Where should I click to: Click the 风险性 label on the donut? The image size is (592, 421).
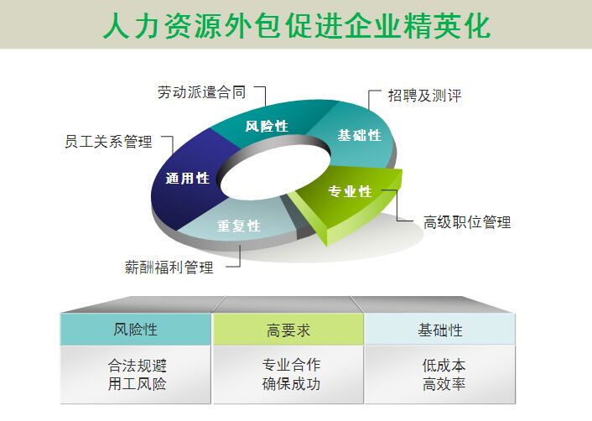point(267,127)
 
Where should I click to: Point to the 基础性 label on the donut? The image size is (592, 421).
point(359,135)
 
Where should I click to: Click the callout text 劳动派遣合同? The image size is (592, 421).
point(201,92)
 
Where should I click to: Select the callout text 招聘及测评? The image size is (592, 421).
point(424,96)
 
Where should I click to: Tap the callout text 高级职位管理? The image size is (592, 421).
point(466,222)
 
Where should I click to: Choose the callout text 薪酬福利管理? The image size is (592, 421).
point(169,268)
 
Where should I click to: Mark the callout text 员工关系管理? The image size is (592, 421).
point(108,142)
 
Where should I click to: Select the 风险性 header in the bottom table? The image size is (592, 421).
point(135,330)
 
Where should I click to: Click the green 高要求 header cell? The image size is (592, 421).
point(288,330)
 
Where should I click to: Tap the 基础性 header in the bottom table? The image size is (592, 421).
point(439,330)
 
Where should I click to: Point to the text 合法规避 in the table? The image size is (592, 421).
point(137,366)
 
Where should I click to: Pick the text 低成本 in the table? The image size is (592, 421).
point(444,366)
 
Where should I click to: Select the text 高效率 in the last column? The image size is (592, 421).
point(444,385)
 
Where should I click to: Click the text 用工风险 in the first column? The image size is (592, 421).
point(137,385)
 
